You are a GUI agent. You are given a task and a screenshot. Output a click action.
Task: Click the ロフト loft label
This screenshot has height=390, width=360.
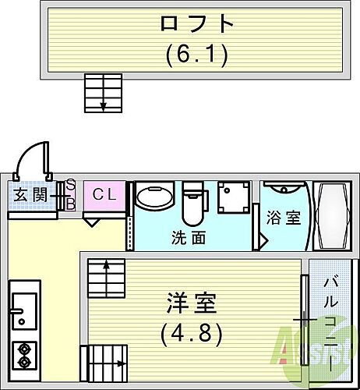pos(196,23)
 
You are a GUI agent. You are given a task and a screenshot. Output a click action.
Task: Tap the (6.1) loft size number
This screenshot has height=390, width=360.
pos(196,55)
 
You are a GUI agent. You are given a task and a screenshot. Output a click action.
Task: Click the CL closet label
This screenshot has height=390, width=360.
pos(104,195)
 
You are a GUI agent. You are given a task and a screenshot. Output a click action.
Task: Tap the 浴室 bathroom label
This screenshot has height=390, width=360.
pos(284,218)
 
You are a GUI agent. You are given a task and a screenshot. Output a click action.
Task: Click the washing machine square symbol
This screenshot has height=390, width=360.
pos(235,199)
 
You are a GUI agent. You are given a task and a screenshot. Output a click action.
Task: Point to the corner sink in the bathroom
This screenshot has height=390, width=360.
pos(283,189)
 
